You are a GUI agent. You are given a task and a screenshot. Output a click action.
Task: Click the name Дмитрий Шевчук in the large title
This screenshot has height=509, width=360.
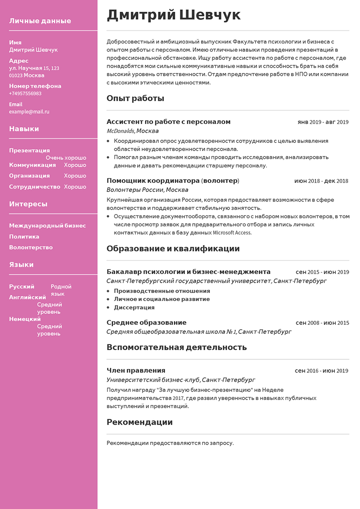click(173, 15)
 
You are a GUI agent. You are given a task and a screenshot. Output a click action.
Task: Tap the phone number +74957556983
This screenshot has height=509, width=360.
click(25, 93)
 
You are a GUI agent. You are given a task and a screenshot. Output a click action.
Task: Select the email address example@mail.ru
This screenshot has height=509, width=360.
click(29, 112)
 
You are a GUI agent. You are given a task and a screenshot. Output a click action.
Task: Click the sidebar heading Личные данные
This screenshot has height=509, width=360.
click(40, 21)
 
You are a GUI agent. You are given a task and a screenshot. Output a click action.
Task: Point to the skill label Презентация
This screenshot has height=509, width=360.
click(30, 151)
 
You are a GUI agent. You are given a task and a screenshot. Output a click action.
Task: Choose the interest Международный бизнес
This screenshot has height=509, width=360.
click(47, 226)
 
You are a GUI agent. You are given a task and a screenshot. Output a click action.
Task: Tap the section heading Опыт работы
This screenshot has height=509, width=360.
click(135, 98)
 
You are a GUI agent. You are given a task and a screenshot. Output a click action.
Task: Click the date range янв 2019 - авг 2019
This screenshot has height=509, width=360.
click(323, 122)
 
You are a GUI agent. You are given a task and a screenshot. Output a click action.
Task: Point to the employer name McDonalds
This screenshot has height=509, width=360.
click(120, 131)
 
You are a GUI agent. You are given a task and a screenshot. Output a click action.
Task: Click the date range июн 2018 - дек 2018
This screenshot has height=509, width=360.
click(321, 181)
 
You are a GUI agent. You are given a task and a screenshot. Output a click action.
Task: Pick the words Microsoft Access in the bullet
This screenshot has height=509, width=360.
click(232, 233)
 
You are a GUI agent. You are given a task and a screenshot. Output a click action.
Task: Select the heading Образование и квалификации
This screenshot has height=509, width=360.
click(173, 249)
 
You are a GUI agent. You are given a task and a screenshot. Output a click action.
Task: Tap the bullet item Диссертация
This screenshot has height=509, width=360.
click(134, 308)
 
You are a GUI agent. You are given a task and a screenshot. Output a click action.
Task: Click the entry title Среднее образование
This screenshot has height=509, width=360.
click(146, 323)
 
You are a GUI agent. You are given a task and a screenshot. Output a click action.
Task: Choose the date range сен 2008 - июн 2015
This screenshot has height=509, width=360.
click(322, 323)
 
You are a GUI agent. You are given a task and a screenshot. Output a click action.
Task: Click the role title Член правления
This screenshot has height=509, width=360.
click(136, 371)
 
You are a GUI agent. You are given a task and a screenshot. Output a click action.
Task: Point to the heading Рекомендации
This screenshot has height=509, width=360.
click(139, 422)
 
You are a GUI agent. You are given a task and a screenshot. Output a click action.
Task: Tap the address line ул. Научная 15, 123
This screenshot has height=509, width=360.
click(34, 68)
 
